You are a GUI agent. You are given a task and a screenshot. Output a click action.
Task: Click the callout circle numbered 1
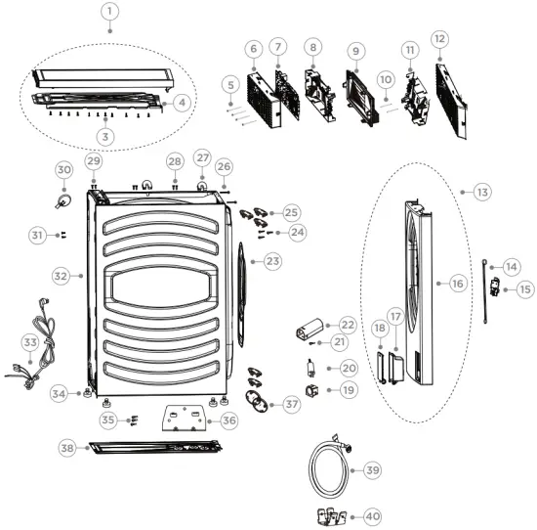(109, 14)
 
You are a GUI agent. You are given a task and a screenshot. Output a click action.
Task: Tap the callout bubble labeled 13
(481, 193)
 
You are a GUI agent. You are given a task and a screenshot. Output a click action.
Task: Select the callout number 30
(63, 170)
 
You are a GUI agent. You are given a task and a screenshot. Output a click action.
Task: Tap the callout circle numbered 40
(372, 515)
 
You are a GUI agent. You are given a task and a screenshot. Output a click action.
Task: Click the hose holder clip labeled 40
(331, 514)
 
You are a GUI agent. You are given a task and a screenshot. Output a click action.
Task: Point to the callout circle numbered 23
(272, 261)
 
